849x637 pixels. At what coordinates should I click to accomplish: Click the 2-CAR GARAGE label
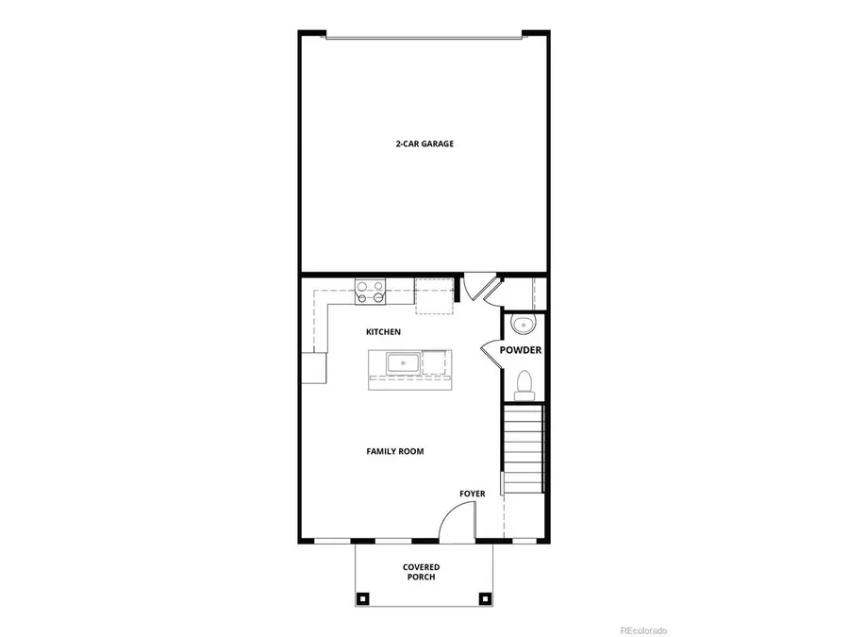pyautogui.click(x=424, y=144)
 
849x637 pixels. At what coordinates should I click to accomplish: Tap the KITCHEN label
pyautogui.click(x=384, y=332)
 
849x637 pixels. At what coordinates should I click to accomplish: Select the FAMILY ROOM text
pyautogui.click(x=395, y=451)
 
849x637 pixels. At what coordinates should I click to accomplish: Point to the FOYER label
pyautogui.click(x=473, y=494)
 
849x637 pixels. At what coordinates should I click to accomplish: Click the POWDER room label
pyautogui.click(x=521, y=350)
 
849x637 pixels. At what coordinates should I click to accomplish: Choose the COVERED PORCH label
pyautogui.click(x=422, y=572)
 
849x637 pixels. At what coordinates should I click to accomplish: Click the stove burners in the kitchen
pyautogui.click(x=369, y=292)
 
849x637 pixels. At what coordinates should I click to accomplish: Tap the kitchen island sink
pyautogui.click(x=402, y=361)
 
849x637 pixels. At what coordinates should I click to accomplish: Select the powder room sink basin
pyautogui.click(x=523, y=326)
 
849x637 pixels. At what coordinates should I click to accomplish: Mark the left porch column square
pyautogui.click(x=362, y=597)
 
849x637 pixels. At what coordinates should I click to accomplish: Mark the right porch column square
pyautogui.click(x=485, y=597)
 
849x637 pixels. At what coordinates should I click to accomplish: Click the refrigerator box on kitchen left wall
pyautogui.click(x=314, y=367)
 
